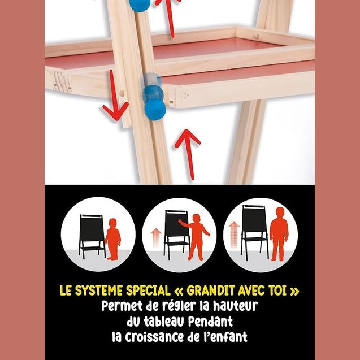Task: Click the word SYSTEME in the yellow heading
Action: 99,290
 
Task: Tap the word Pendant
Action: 210,321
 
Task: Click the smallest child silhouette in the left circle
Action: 112,239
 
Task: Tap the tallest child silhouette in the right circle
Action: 279,234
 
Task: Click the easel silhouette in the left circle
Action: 92,236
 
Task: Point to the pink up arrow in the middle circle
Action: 156,237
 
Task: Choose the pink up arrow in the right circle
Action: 234,235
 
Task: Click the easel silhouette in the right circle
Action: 255,233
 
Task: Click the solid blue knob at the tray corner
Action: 155,109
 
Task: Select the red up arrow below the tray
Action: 188,154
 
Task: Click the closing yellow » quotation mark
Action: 295,291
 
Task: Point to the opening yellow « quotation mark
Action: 179,291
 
